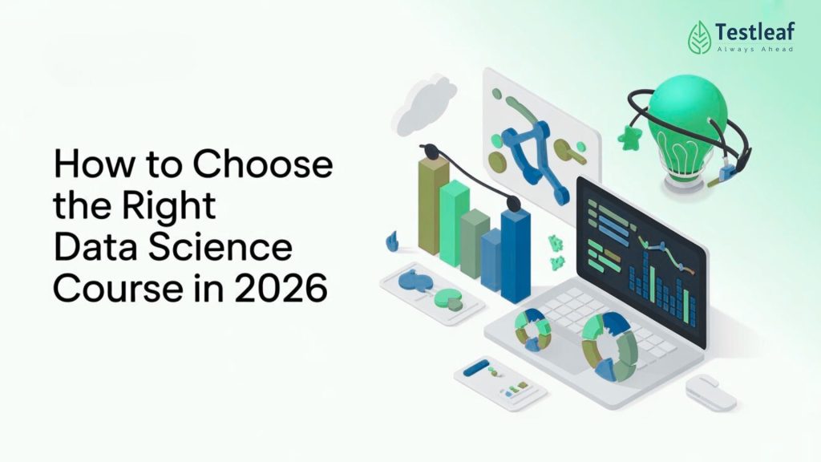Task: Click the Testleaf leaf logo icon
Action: coord(699,36)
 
